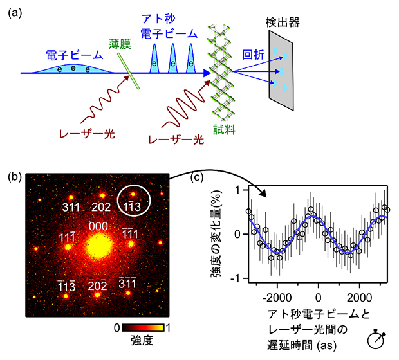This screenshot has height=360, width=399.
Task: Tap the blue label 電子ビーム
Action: [67, 52]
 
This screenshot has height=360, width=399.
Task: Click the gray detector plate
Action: [281, 73]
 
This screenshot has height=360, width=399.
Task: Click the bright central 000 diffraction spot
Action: [98, 245]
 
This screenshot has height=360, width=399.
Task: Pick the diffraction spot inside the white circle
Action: [133, 194]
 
